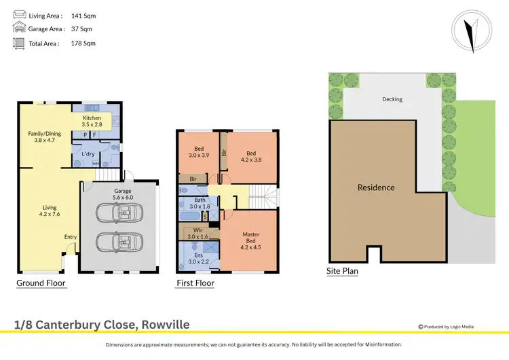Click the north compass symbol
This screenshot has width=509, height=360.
[468, 32]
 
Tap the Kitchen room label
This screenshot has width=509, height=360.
[92, 122]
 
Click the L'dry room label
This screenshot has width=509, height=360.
[88, 154]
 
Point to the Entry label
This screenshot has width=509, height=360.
[70, 236]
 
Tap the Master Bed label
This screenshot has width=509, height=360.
[251, 241]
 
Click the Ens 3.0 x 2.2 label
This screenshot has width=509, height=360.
[195, 258]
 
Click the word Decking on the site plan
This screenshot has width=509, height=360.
[392, 99]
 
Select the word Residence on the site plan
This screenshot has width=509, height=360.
[376, 187]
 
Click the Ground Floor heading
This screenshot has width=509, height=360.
[41, 283]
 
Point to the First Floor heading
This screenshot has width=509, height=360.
[195, 283]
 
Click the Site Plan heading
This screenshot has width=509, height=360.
[342, 271]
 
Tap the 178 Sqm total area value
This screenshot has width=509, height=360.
[83, 43]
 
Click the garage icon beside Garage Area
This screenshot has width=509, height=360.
[18, 29]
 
